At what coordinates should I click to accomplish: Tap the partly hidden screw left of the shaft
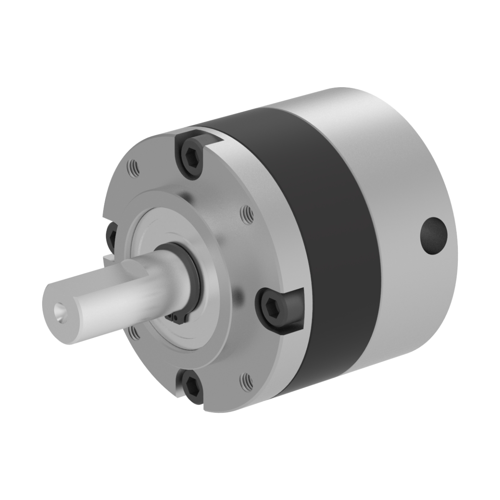(x=111, y=235)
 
